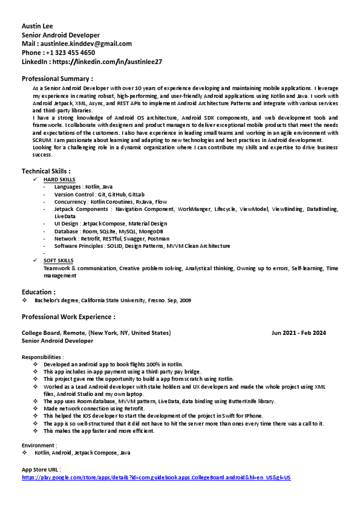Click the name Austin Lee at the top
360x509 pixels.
(x=38, y=27)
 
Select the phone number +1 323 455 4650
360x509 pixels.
(x=70, y=53)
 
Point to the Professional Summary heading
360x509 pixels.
(x=57, y=79)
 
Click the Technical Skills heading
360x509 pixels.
(x=46, y=171)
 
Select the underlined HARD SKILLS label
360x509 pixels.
(x=59, y=180)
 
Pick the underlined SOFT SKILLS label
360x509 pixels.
(x=58, y=261)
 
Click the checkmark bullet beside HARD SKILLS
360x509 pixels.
(x=36, y=180)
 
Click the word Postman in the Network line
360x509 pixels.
(x=158, y=239)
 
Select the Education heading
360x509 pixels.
(x=39, y=292)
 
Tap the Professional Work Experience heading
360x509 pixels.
(x=68, y=317)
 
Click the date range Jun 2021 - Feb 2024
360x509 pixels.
(x=299, y=333)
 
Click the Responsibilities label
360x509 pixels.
(x=42, y=357)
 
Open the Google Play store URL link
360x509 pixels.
(x=156, y=478)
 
